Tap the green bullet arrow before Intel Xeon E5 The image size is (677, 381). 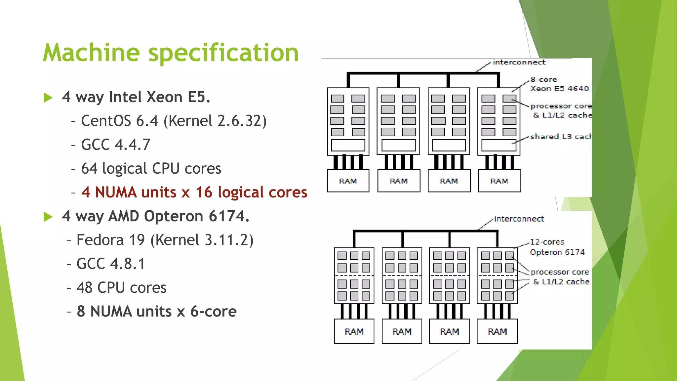[x=48, y=98]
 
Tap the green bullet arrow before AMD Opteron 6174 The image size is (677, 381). [x=48, y=217]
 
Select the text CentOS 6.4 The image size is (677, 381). [x=120, y=121]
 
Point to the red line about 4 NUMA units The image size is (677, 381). [x=194, y=192]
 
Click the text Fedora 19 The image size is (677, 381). [x=111, y=240]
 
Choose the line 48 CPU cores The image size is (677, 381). [x=121, y=288]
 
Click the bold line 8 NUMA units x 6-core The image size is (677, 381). [x=157, y=312]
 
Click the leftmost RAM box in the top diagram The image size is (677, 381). [x=348, y=181]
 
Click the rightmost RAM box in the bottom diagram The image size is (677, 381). [x=497, y=331]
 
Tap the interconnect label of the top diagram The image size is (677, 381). [x=519, y=62]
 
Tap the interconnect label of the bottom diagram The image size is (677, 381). [x=519, y=219]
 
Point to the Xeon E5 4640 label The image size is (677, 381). [x=559, y=88]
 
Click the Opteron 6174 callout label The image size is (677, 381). [x=557, y=252]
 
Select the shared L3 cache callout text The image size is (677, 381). [x=560, y=137]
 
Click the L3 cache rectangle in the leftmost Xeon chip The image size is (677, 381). [x=348, y=145]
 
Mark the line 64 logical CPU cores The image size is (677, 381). [x=151, y=169]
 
